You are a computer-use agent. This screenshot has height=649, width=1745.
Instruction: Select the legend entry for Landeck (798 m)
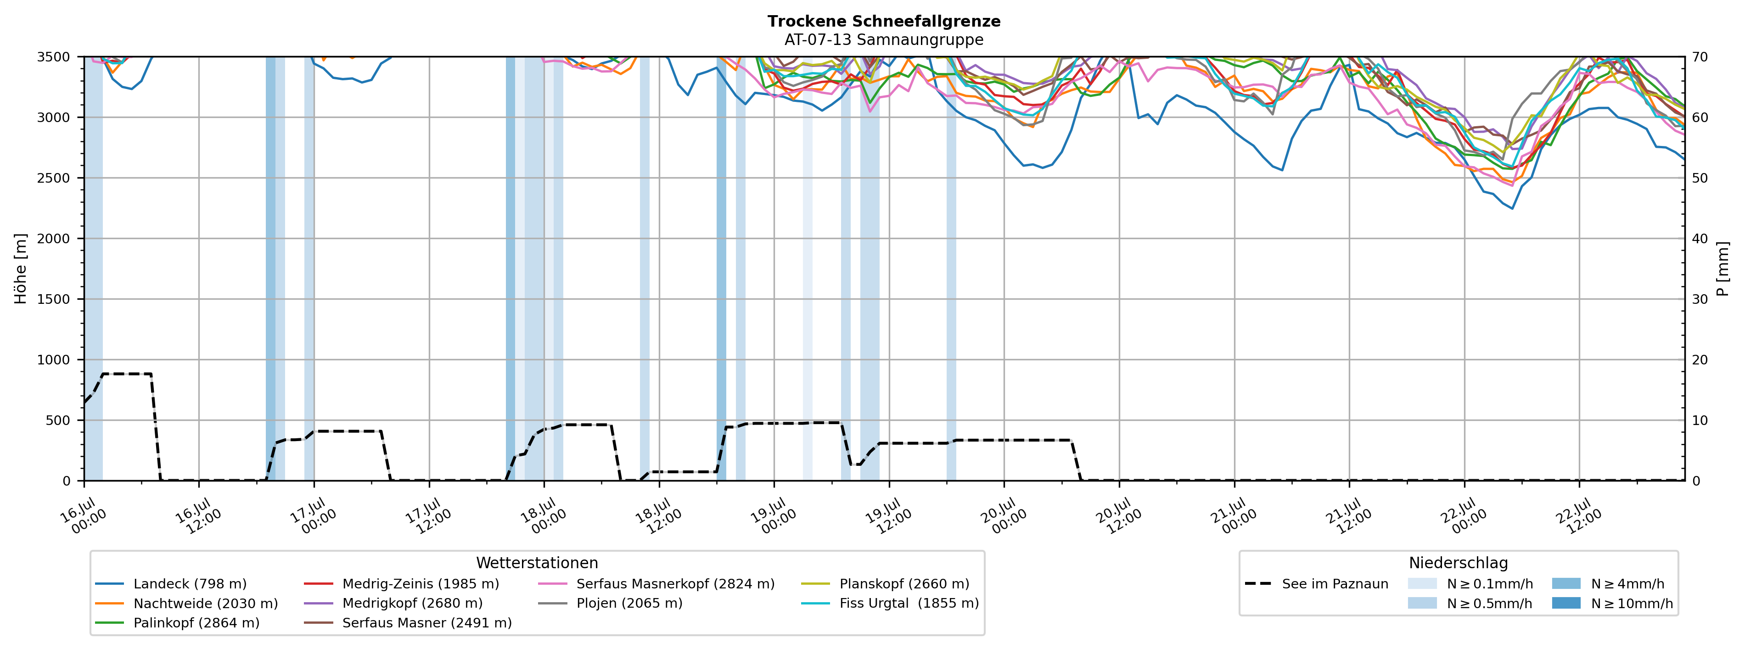coord(171,584)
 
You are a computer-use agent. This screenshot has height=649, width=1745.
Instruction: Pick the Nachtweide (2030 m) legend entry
coord(186,603)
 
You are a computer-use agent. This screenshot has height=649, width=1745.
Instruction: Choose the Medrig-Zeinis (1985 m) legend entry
coord(401,584)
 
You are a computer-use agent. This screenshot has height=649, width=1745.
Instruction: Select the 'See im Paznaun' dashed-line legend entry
coord(1316,584)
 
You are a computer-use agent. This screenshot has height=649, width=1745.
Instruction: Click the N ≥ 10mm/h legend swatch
coord(1566,603)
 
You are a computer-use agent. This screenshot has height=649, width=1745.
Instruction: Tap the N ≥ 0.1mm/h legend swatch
coord(1422,584)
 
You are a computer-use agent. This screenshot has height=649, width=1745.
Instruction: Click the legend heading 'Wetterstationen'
coord(537,563)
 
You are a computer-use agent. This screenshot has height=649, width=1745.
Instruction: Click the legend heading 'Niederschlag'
coord(1459,563)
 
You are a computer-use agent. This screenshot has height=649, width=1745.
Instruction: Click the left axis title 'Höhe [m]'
coord(21,269)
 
